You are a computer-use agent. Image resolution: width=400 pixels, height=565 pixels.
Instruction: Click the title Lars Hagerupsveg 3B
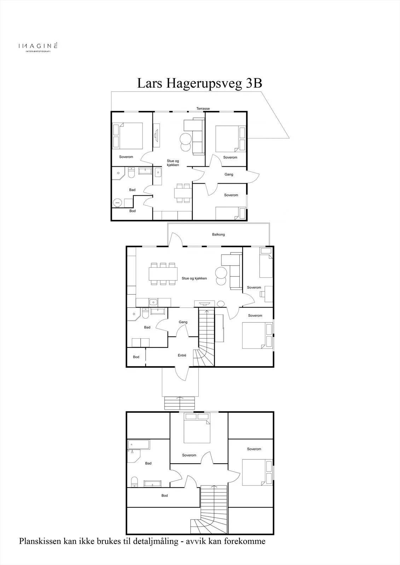tap(199, 83)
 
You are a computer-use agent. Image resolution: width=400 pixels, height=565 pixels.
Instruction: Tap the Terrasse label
tap(203, 108)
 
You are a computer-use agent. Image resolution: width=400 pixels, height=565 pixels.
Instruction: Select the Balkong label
tap(218, 234)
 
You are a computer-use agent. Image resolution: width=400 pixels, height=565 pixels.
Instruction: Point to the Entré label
tap(182, 355)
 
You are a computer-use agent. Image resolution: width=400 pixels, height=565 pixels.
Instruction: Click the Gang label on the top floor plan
tap(229, 174)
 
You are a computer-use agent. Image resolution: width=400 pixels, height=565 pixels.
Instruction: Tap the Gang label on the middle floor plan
tap(183, 322)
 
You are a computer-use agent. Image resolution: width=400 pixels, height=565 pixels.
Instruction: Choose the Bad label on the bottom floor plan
tap(148, 463)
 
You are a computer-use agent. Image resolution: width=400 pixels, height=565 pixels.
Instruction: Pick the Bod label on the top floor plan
tap(132, 211)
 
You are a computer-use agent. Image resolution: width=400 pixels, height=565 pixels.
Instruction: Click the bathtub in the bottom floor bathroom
tap(139, 445)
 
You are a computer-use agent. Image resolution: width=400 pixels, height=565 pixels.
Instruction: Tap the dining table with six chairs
tap(163, 274)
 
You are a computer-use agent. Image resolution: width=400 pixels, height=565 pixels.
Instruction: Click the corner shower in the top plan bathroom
tap(118, 173)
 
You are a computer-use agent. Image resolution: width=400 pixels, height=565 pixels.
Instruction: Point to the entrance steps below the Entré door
tap(180, 403)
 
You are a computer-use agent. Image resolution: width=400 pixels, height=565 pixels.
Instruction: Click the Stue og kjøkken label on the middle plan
tap(194, 279)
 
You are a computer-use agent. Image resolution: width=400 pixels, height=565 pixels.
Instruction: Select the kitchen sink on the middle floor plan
tap(153, 302)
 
